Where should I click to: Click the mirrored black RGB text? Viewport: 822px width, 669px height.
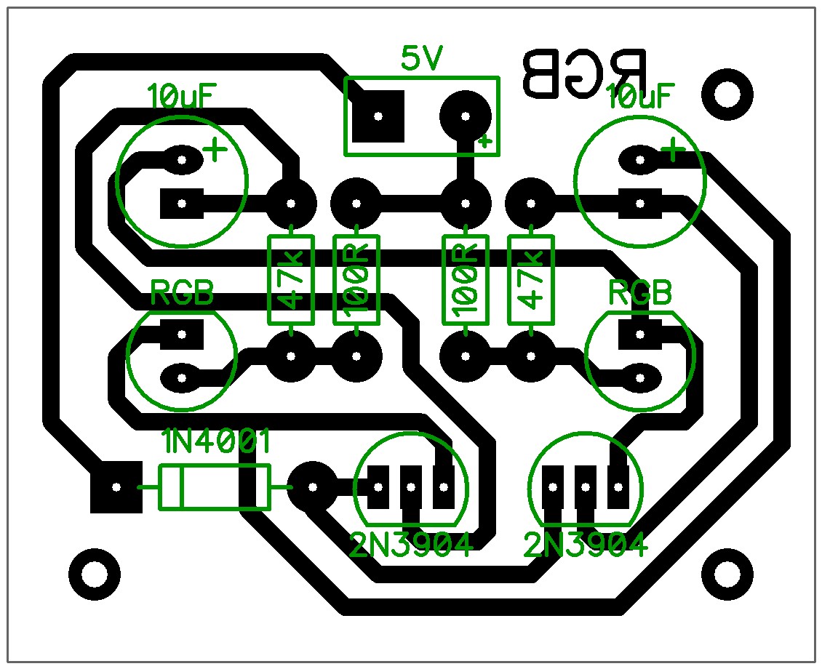[584, 73]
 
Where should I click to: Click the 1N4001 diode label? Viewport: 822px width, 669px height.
[217, 441]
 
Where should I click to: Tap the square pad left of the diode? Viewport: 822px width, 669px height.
[116, 487]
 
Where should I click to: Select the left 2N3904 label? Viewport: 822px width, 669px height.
[410, 544]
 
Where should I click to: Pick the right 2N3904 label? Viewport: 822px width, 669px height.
[586, 544]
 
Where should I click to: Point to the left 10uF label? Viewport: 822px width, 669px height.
[182, 96]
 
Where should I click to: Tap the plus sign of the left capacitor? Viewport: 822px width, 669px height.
[215, 151]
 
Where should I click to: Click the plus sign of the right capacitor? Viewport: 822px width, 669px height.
[674, 151]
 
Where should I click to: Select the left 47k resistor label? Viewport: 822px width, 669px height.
[291, 280]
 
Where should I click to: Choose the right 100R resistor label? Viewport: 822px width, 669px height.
[466, 280]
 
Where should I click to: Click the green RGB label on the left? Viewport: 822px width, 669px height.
[182, 294]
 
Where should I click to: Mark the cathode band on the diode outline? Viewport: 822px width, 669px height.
[180, 487]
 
